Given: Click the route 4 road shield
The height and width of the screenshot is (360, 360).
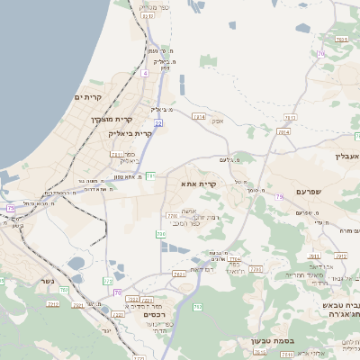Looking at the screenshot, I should [x=144, y=73].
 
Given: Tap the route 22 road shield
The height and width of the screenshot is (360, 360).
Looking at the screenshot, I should [x=157, y=122].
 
